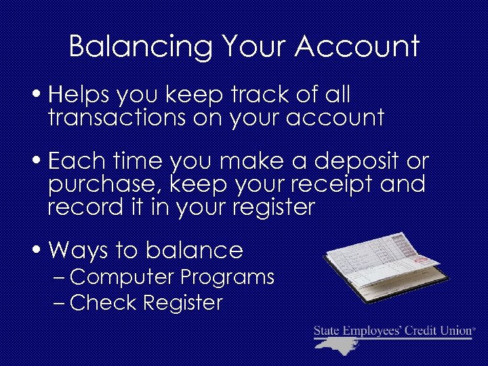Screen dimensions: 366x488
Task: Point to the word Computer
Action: click(121, 277)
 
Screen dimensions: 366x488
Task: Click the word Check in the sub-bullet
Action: click(102, 302)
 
